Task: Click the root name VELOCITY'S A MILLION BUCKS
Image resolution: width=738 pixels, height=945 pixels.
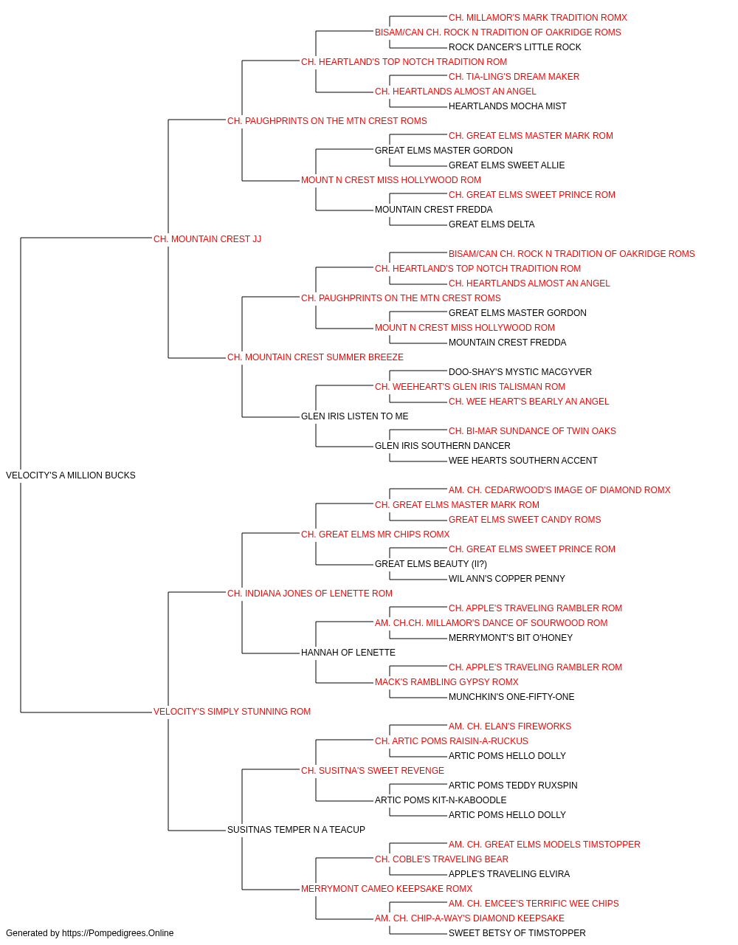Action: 70,475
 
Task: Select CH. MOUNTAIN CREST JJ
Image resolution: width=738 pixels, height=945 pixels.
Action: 207,239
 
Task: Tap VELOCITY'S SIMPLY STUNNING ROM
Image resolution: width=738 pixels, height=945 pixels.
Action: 232,712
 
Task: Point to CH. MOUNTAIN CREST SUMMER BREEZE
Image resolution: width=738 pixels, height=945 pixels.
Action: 315,357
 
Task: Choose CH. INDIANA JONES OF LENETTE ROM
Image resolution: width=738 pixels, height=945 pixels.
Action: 310,594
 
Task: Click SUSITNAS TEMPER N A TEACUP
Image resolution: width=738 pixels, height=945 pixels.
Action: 296,830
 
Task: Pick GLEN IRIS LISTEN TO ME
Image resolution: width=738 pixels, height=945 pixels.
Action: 355,416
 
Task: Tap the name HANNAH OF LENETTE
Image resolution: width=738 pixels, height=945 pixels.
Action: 348,653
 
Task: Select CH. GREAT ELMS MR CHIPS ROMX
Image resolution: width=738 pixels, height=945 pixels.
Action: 376,535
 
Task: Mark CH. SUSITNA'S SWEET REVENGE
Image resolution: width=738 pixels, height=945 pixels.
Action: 373,771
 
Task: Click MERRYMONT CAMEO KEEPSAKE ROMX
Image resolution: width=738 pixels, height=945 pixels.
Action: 387,889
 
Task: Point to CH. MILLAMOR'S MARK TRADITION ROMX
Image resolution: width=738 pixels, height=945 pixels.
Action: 538,18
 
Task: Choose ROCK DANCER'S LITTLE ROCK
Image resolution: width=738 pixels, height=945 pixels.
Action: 514,47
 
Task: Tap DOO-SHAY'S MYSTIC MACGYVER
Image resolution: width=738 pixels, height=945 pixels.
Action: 520,372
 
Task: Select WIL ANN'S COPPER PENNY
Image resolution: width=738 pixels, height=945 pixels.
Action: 507,579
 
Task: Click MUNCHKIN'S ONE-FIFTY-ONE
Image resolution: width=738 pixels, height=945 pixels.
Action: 511,697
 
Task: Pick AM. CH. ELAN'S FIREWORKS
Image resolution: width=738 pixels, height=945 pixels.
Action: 510,726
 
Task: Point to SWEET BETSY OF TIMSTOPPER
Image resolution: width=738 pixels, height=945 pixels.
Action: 517,933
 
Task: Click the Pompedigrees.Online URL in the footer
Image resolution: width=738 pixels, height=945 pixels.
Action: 118,933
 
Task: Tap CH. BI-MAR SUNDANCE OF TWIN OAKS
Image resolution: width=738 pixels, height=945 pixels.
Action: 532,431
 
